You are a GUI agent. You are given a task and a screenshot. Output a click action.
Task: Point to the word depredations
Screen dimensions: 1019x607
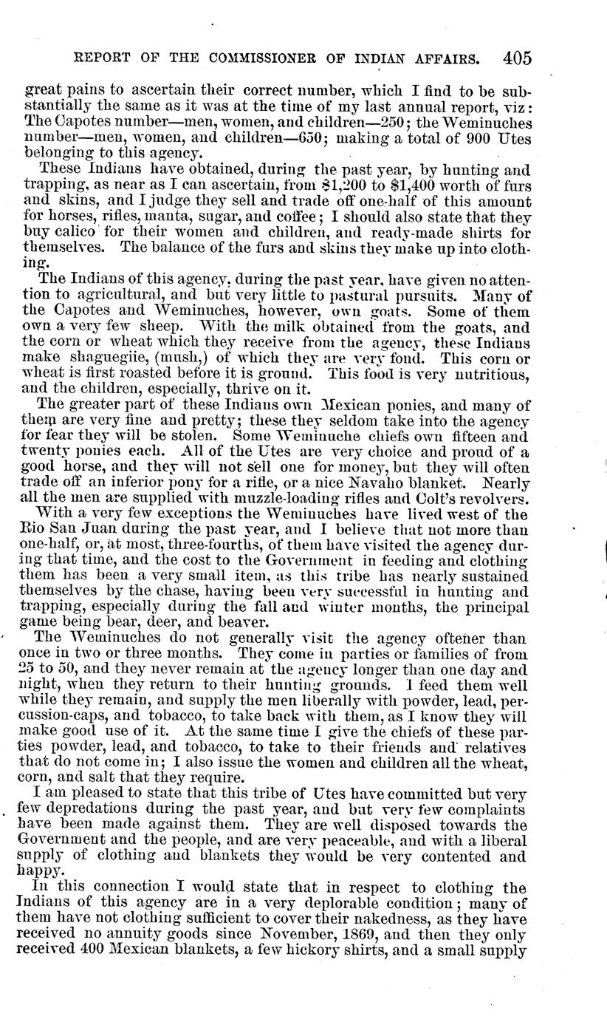point(93,809)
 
